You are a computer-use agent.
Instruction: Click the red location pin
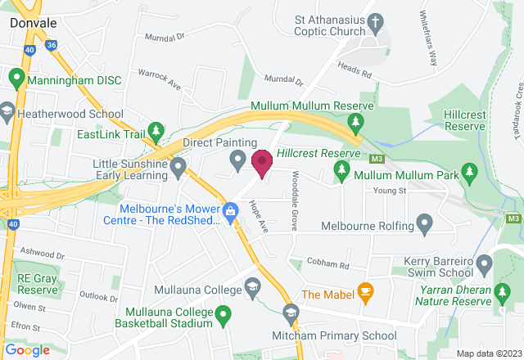(x=262, y=163)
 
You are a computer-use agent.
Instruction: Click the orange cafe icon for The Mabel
(x=365, y=292)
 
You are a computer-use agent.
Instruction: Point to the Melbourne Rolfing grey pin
(x=424, y=223)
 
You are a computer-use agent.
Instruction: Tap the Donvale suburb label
(x=34, y=23)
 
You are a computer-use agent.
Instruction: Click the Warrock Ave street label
(x=159, y=78)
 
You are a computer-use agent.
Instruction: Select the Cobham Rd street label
(x=327, y=265)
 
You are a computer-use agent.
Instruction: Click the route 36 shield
(x=52, y=47)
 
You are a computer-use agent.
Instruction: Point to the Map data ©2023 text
(x=488, y=353)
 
